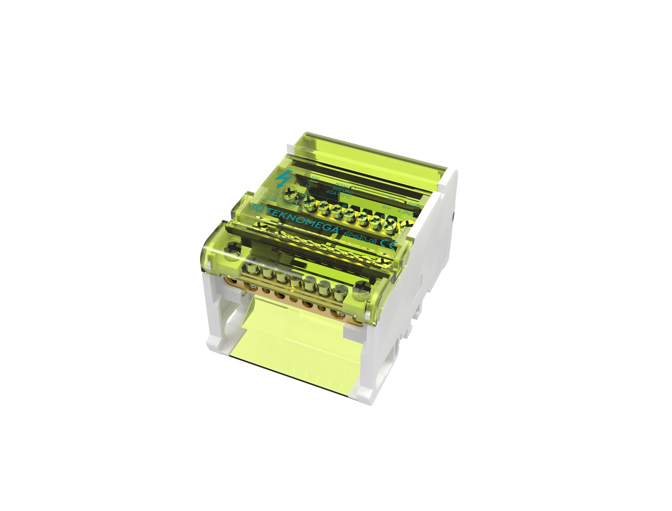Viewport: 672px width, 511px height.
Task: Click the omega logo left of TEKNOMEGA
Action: [x=259, y=208]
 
